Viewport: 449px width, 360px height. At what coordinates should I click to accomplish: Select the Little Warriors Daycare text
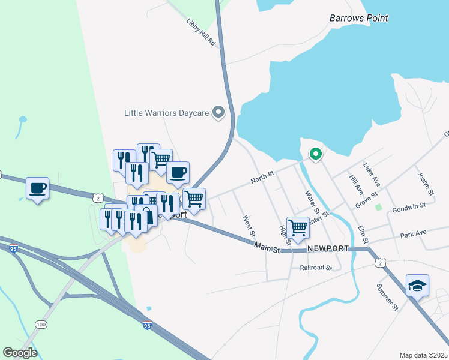pos(166,112)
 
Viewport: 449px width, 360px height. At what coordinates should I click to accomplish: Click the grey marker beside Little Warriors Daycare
pos(218,112)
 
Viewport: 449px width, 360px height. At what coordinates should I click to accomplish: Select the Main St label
pos(267,247)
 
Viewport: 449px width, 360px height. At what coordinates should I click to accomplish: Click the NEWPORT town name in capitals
pos(328,248)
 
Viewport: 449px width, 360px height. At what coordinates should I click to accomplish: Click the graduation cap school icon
pos(417,285)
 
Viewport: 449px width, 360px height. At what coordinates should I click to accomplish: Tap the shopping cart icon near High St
pos(298,227)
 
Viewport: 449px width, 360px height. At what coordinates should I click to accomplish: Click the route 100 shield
pos(41,325)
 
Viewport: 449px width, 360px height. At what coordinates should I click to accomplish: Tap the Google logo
pos(20,353)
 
